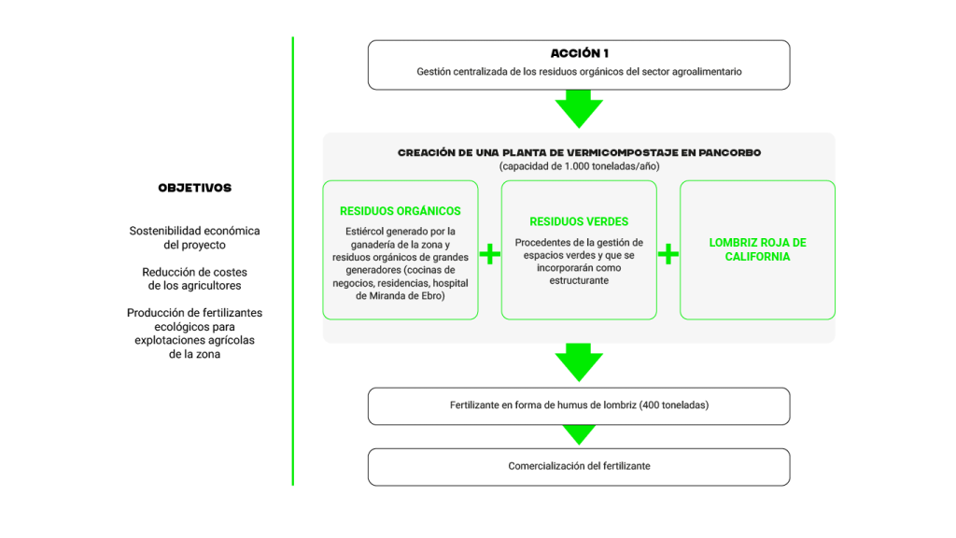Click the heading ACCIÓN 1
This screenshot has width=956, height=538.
tap(579, 53)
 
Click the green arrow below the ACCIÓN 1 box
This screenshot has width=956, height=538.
tap(579, 109)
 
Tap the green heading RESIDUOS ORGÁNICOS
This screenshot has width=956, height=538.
tap(400, 211)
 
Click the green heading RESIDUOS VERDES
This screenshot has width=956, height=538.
tap(579, 222)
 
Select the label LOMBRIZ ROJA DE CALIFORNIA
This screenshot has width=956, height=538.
tap(757, 249)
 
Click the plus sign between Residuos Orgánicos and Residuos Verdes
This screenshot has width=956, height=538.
tap(490, 254)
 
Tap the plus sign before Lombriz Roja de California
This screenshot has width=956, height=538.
tap(668, 254)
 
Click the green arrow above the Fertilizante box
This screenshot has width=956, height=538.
tap(579, 362)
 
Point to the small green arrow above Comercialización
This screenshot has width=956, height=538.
tap(579, 434)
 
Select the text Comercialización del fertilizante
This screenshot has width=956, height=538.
tap(579, 465)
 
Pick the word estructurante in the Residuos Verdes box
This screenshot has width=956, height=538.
tap(579, 280)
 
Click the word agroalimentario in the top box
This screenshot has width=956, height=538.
tap(703, 72)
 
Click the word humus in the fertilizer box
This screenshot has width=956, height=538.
tap(571, 406)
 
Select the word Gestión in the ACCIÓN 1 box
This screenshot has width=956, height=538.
tap(434, 72)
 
